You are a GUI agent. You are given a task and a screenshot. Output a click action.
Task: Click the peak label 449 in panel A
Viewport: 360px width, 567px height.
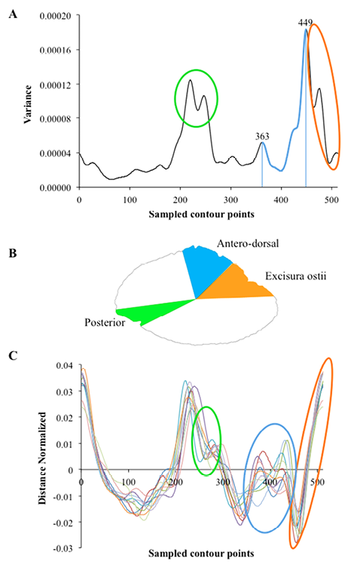(x=305, y=23)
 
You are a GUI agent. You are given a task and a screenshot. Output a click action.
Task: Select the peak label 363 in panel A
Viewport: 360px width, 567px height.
(x=262, y=136)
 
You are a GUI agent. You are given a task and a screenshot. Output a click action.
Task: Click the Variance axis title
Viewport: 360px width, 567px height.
(x=28, y=105)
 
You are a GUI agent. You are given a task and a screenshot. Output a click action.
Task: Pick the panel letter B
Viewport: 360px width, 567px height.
(x=13, y=254)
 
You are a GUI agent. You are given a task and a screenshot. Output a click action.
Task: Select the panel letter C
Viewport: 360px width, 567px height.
(x=13, y=356)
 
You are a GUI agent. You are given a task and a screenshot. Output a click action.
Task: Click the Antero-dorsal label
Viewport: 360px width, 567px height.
(x=248, y=243)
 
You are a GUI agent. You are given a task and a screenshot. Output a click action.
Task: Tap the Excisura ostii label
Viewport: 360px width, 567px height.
(x=295, y=276)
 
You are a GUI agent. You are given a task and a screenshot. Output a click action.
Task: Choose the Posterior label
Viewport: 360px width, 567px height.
(x=105, y=322)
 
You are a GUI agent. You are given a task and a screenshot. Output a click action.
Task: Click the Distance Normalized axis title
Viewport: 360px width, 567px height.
(x=42, y=458)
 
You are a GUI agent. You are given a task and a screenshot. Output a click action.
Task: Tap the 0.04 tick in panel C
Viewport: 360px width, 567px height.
(x=65, y=365)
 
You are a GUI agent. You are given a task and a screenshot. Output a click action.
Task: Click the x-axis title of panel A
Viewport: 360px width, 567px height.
(x=202, y=214)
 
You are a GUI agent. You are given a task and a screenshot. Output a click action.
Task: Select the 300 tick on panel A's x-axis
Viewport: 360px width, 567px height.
(x=230, y=200)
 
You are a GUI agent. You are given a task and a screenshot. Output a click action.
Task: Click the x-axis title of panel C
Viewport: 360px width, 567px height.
(x=201, y=553)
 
